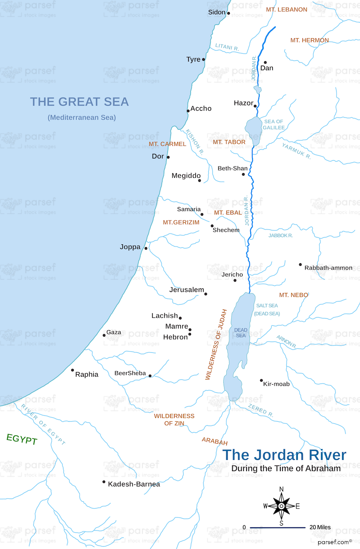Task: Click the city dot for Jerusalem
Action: tap(206, 294)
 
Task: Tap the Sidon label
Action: tap(216, 12)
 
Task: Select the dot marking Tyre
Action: tap(203, 59)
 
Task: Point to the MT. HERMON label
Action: tap(309, 40)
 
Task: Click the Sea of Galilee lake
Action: tap(253, 130)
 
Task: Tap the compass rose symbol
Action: tap(281, 506)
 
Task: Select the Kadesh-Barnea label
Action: tap(134, 484)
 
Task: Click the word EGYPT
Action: tap(22, 440)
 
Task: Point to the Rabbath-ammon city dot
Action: tap(300, 265)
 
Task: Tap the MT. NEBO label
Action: tap(293, 295)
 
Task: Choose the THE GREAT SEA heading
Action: tap(79, 102)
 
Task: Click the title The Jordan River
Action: tap(284, 455)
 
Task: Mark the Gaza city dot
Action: tap(104, 335)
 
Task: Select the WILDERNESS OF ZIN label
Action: tap(174, 420)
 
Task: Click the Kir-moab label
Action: tap(277, 384)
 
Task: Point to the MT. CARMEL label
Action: tap(167, 144)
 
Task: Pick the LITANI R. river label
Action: tap(227, 46)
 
